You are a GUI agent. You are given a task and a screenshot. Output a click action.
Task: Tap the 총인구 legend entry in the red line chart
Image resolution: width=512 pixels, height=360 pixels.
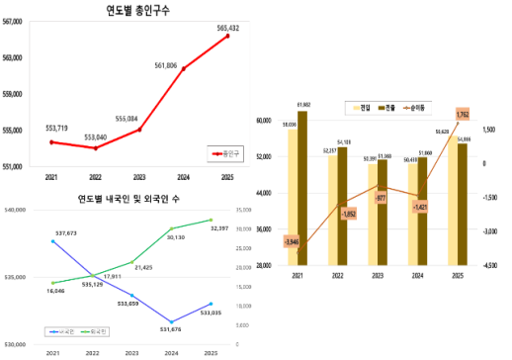(228, 153)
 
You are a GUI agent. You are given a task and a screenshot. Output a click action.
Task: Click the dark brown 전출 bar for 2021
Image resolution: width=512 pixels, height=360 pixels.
(302, 188)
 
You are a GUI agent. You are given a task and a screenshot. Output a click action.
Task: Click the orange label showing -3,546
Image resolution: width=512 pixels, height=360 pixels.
(291, 241)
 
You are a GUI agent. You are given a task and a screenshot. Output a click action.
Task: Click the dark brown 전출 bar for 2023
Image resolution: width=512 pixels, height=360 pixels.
(384, 213)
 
